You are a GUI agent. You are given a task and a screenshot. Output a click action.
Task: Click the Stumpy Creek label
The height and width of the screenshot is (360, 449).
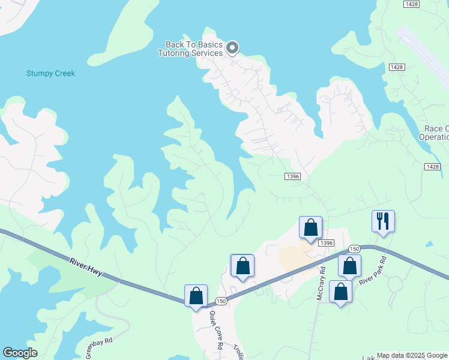click(x=50, y=73)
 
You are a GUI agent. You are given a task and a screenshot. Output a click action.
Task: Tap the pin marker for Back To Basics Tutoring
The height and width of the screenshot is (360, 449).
click(x=232, y=48)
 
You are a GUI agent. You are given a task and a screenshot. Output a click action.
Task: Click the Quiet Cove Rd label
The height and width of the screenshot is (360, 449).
click(x=214, y=329)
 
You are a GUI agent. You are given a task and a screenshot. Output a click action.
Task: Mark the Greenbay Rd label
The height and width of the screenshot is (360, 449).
click(x=98, y=348)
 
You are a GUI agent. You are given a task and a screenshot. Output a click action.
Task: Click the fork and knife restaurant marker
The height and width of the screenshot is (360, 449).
click(x=382, y=221)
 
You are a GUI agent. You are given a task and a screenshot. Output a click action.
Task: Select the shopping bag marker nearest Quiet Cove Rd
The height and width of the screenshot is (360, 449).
click(x=196, y=295)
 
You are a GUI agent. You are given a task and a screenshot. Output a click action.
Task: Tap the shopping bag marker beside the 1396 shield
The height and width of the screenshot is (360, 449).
click(x=310, y=227)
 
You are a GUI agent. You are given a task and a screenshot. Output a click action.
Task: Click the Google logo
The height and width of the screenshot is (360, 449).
click(x=20, y=353)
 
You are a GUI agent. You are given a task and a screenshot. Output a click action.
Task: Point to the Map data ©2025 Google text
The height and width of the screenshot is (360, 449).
click(x=412, y=355)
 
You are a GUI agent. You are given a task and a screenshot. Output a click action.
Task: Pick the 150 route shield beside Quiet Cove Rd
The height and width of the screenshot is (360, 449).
click(x=220, y=301)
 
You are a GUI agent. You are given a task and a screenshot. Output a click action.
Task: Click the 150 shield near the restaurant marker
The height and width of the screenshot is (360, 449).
click(x=354, y=249)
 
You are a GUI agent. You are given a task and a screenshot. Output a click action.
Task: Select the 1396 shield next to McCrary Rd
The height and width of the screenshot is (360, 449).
click(x=326, y=242)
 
